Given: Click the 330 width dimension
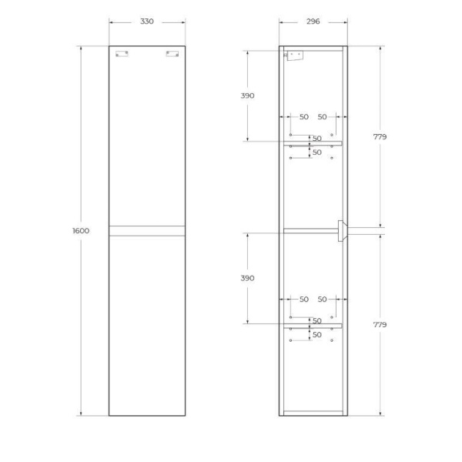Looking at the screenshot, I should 146,22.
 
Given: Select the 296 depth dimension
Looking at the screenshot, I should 313,22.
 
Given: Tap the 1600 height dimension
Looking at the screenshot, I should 81,231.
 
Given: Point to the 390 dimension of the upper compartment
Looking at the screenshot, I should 247,95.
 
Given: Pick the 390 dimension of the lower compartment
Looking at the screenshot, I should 247,278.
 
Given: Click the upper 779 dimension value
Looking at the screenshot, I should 380,136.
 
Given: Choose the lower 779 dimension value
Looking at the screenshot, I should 380,325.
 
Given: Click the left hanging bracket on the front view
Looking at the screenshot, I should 122,54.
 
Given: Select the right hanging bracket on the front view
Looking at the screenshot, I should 172,54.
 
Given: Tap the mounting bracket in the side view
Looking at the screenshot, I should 294,55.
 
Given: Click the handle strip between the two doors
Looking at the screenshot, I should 146,230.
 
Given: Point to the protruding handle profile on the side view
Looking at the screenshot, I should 342,230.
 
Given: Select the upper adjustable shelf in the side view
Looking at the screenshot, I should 314,143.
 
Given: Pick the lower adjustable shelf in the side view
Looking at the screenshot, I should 314,326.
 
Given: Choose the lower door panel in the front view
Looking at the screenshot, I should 146,323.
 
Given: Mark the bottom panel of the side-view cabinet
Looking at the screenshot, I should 313,413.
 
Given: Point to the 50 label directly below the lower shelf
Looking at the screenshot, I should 316,335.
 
